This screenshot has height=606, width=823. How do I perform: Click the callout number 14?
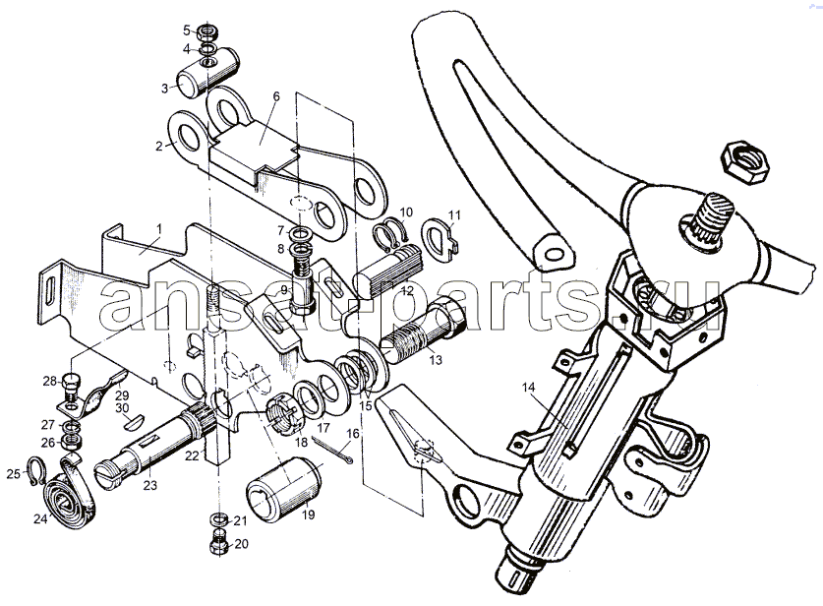528,388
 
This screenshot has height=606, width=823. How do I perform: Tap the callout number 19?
309,515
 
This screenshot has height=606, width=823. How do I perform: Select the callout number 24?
40,519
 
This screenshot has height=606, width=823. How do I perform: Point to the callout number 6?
276,96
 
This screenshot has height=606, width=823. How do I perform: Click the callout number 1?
159,229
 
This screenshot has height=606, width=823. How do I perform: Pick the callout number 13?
436,360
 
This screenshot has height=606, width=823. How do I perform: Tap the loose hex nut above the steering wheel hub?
744,161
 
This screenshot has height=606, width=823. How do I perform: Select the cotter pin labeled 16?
332,450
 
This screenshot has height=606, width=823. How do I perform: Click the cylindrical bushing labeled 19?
284,490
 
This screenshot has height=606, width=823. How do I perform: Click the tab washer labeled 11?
440,238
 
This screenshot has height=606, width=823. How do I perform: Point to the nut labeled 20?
219,542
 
